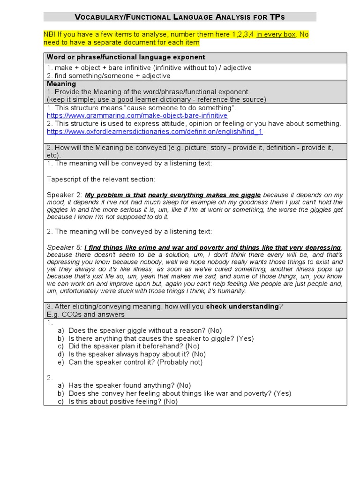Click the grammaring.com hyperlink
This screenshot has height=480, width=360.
pyautogui.click(x=137, y=115)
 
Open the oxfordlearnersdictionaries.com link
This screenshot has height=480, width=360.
pyautogui.click(x=155, y=132)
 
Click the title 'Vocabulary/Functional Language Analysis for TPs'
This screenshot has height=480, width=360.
pyautogui.click(x=180, y=17)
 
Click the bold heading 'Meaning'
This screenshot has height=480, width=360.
pyautogui.click(x=61, y=84)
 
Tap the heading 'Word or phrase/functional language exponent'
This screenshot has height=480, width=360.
pyautogui.click(x=126, y=57)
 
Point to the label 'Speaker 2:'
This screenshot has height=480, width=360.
pyautogui.click(x=65, y=195)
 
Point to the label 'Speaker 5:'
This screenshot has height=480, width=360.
pyautogui.click(x=65, y=247)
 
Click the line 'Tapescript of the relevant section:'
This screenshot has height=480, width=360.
pyautogui.click(x=101, y=179)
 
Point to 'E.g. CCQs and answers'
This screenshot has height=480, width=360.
pyautogui.click(x=85, y=315)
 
